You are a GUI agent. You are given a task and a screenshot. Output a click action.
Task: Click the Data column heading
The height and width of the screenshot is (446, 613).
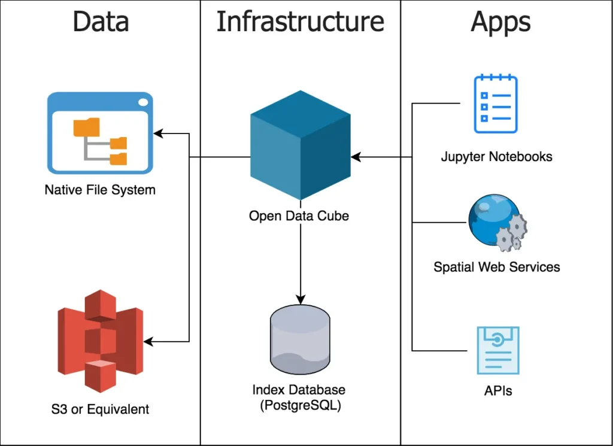coord(101,22)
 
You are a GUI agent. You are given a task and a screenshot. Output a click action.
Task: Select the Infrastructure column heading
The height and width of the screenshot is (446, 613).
coord(300,22)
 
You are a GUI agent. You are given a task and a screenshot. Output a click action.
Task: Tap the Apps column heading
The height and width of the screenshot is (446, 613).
coord(500,22)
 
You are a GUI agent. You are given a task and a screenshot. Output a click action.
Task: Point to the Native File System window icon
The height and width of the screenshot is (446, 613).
coord(100,132)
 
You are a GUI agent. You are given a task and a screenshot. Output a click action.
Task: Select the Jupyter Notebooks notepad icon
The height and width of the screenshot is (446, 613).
coord(496,104)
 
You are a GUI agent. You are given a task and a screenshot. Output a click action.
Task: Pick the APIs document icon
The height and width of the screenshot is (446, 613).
coord(497,350)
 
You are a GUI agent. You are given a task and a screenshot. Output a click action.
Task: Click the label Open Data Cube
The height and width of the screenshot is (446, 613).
coord(299,216)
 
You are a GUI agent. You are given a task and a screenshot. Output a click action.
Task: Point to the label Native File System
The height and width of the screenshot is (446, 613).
coord(100,190)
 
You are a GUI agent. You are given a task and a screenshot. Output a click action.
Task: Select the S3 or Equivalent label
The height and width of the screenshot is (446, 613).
coord(100,409)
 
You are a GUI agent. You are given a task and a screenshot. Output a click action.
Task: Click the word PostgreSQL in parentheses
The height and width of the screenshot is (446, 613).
coord(299,405)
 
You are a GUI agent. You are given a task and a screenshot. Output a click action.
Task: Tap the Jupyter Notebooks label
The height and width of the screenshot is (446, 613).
coord(496,157)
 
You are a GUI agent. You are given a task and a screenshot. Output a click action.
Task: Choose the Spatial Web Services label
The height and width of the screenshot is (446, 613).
coord(497,266)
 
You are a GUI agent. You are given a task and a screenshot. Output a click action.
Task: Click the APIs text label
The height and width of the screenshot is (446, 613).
coord(498,392)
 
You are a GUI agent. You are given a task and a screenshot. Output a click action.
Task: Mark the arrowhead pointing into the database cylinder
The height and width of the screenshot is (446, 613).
coord(300,299)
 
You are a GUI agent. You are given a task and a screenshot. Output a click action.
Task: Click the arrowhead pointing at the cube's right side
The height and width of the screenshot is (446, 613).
coord(356,157)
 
